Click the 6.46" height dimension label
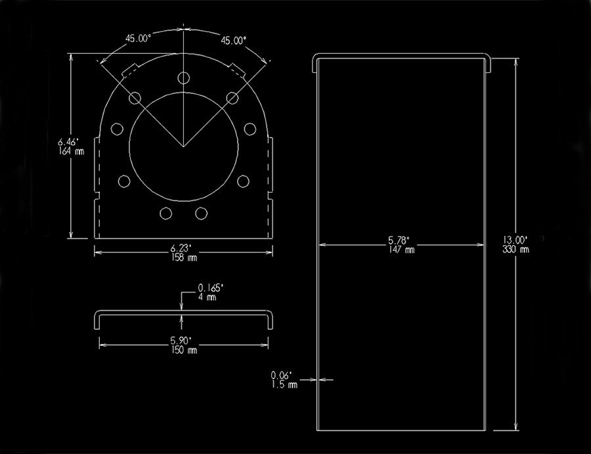click(68, 142)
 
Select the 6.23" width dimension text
click(181, 248)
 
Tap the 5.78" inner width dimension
click(399, 240)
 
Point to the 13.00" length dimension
click(515, 240)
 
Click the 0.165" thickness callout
click(211, 288)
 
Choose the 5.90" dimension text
click(181, 340)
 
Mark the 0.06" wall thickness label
click(282, 375)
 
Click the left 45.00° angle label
click(139, 39)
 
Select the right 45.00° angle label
click(234, 40)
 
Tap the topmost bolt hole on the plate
click(184, 78)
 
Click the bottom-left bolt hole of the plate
click(166, 214)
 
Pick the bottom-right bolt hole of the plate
click(202, 214)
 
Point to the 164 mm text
click(71, 151)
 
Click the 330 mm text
click(515, 249)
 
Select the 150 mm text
click(184, 350)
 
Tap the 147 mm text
click(402, 249)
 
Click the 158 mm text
click(184, 257)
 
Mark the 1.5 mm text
click(284, 384)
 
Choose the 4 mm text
click(208, 297)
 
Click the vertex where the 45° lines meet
click(184, 147)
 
